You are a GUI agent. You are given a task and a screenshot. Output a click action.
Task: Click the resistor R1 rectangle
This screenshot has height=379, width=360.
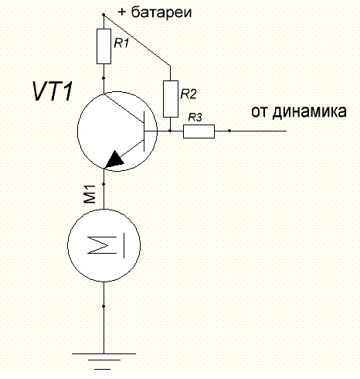(104, 46)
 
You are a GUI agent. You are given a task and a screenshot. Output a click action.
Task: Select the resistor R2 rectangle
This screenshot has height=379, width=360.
(171, 99)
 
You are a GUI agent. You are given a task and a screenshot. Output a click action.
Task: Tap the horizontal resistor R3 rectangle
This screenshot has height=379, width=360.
(199, 131)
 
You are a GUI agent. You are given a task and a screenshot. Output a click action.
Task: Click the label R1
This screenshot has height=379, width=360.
(121, 43)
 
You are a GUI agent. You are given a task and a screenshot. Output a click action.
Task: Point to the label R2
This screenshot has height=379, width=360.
(188, 94)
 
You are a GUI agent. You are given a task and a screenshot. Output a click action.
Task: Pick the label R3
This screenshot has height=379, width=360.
(195, 118)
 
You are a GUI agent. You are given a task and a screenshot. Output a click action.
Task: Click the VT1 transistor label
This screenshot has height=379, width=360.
(53, 91)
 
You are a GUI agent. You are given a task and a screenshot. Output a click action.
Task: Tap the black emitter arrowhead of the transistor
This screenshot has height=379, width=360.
(114, 160)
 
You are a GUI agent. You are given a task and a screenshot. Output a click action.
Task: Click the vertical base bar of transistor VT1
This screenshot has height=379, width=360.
(144, 131)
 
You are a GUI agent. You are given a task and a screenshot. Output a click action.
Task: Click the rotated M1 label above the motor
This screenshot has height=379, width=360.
(90, 194)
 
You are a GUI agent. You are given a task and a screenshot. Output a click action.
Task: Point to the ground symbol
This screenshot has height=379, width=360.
(104, 361)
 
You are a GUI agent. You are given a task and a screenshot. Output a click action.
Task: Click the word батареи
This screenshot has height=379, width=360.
(161, 12)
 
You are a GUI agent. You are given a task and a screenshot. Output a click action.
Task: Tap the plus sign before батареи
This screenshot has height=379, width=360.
(121, 12)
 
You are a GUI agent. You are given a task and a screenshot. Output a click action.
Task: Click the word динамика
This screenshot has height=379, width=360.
(309, 112)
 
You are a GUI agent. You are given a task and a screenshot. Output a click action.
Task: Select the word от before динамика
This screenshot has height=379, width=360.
(260, 112)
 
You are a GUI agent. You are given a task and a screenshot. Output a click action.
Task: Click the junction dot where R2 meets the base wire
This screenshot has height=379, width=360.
(170, 131)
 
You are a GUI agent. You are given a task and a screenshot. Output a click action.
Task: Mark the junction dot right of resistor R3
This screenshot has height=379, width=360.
(229, 131)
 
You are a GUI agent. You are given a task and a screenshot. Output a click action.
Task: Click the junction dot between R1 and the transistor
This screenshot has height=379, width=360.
(104, 78)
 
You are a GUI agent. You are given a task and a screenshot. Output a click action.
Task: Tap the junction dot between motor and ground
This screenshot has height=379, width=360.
(104, 306)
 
